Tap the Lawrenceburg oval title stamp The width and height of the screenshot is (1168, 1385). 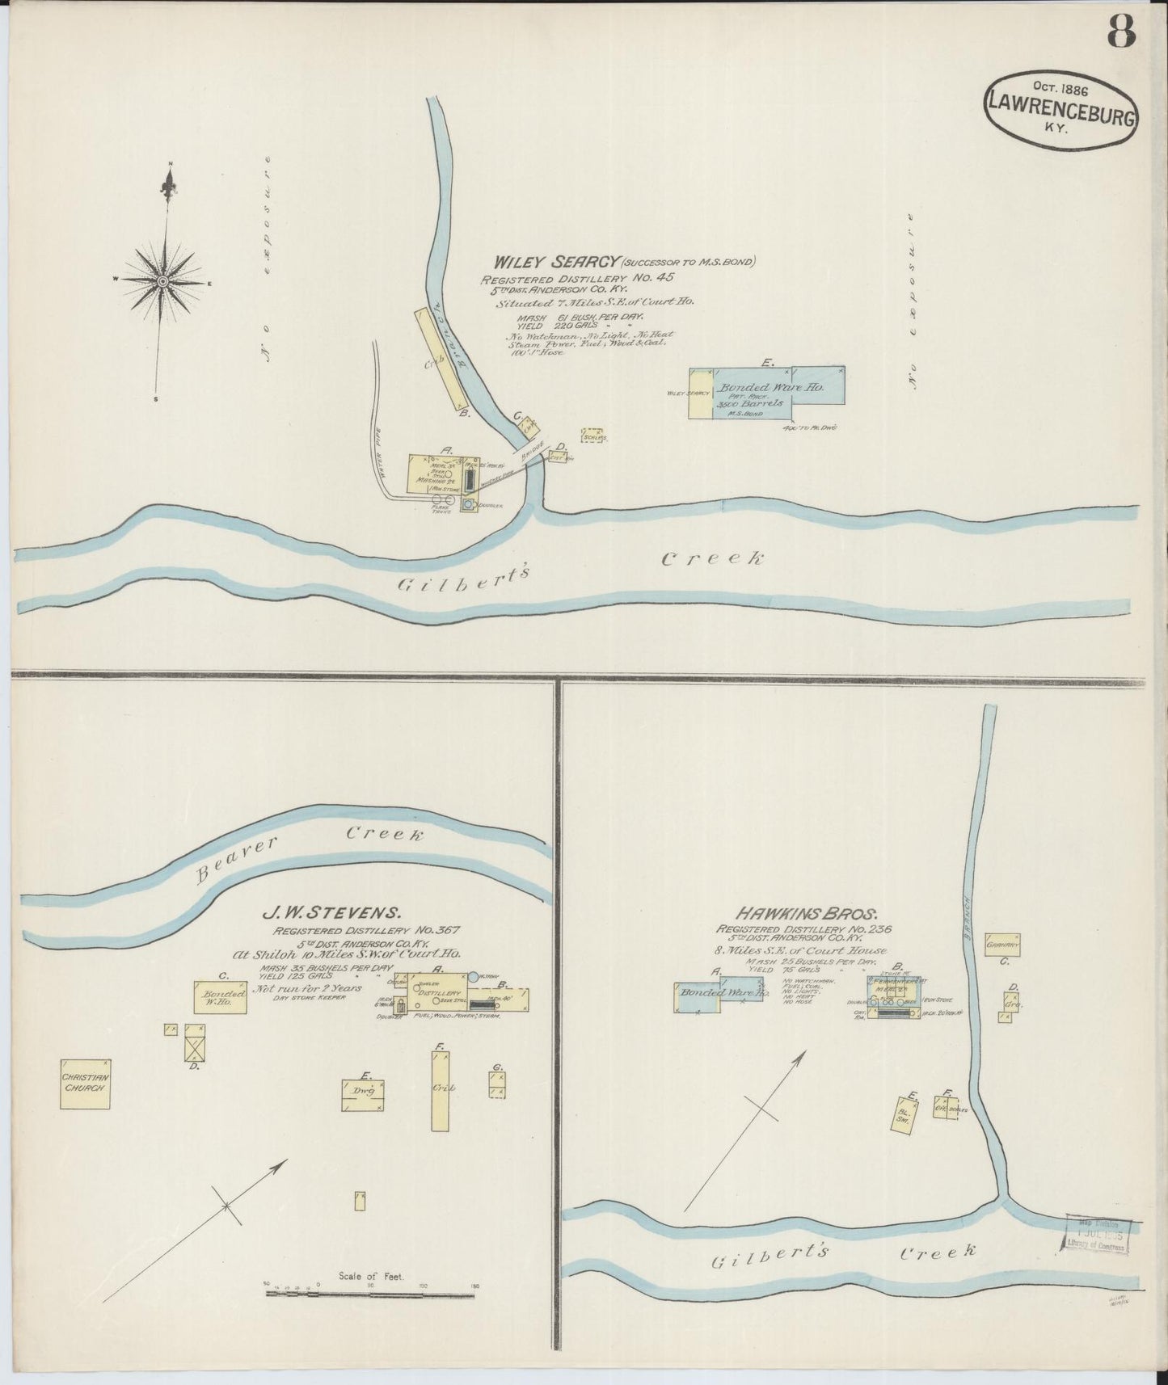(x=1060, y=114)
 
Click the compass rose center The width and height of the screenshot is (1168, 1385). (x=162, y=280)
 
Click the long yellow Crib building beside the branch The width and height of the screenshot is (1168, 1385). (x=442, y=360)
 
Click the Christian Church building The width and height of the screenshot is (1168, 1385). (x=85, y=1084)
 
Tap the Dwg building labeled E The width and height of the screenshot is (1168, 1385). (x=362, y=1095)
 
